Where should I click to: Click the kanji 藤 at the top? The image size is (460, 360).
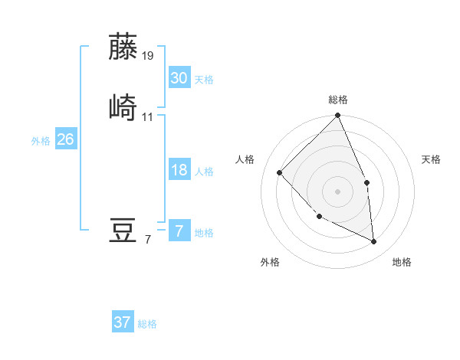coord(124,47)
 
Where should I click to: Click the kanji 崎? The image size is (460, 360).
coord(124,106)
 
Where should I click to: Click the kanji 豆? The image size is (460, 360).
coord(124,231)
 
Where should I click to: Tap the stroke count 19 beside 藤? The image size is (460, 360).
coord(149,56)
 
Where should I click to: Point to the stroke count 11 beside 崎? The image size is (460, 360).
coord(148,116)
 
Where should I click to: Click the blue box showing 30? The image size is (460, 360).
coord(179,78)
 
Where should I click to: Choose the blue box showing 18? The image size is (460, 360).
coord(179,170)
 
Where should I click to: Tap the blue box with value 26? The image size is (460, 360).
coord(65,139)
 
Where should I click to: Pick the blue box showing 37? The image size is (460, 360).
coord(122,322)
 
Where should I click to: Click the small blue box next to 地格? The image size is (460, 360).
coord(179,231)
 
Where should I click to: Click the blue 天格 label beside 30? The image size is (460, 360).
coord(204,80)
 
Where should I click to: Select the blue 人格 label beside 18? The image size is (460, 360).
coord(204,172)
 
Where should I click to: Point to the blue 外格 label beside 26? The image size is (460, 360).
coord(41,141)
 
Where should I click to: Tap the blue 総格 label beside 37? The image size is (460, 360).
coord(147,324)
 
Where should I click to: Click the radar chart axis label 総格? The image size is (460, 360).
coord(337,100)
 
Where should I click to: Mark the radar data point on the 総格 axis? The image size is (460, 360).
coord(337,116)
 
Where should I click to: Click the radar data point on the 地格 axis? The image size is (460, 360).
coord(373,241)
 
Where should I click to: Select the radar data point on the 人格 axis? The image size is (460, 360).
coord(280,173)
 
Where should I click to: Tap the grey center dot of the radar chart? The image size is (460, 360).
coord(337,191)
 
